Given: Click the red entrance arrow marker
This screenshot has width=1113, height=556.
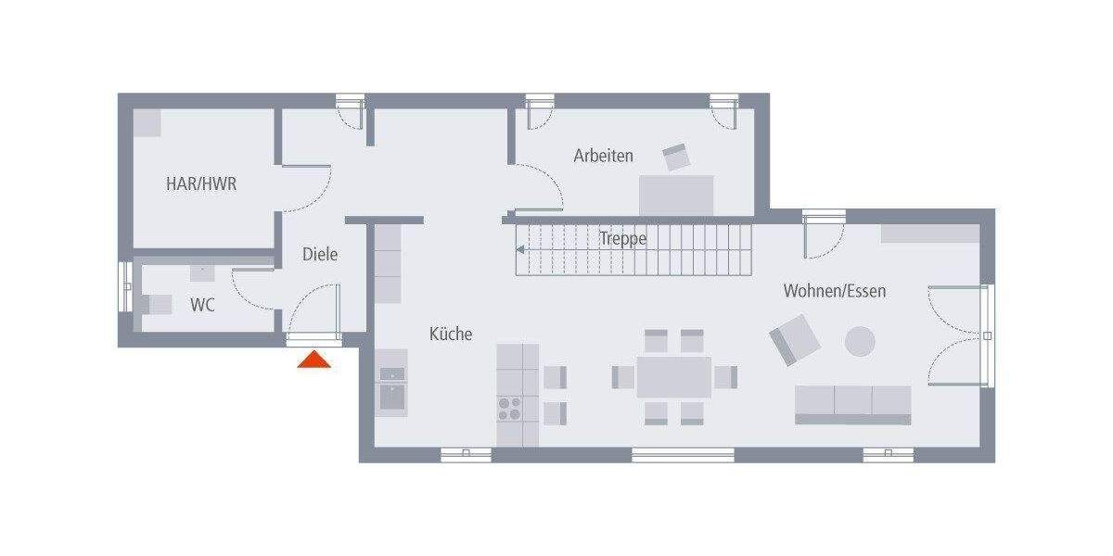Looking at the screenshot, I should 313,360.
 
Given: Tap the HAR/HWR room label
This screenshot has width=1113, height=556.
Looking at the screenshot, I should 201,184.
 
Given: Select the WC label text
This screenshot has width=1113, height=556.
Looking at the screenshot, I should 202,305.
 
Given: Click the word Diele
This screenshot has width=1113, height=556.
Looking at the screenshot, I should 320,254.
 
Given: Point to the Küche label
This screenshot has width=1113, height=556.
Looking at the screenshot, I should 450,334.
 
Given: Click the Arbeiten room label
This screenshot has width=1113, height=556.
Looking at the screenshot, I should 603,156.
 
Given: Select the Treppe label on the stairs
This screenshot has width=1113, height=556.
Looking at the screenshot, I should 622,238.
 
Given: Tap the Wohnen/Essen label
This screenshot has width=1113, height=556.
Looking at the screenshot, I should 834,291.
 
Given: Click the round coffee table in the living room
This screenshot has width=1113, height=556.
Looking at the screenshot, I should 859,341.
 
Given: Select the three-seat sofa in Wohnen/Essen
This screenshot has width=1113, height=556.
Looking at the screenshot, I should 852,404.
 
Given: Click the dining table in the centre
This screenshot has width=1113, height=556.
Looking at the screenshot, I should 673,377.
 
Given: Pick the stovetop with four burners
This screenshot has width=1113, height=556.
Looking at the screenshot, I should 509,409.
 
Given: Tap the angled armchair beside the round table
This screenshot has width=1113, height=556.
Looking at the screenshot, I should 795,339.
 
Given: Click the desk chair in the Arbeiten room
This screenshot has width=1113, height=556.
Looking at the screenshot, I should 676,158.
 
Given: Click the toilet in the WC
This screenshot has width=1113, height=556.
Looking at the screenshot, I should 157,304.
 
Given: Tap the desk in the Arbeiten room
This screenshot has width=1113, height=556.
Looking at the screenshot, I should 676,195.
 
